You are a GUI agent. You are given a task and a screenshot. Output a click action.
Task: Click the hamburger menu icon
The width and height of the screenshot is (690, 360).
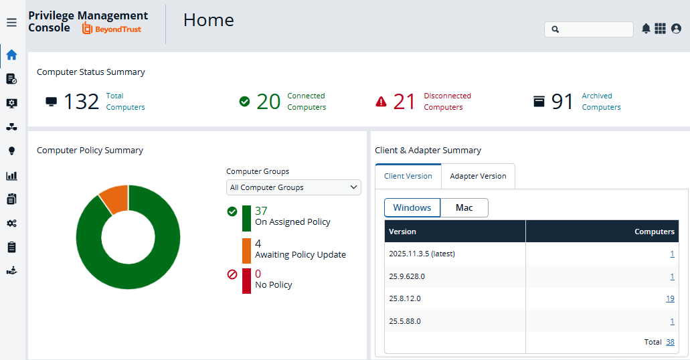(x=11, y=23)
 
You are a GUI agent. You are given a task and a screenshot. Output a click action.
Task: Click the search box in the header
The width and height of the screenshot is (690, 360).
(x=589, y=29)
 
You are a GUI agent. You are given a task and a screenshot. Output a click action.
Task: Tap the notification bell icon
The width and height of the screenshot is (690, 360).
(x=646, y=29)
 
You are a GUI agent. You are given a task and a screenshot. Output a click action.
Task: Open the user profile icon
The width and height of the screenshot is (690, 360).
(x=677, y=29)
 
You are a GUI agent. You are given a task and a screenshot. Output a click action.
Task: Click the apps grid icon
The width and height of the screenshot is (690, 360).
(x=660, y=29)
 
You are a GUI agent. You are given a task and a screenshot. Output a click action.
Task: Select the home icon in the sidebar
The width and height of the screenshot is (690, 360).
(x=12, y=55)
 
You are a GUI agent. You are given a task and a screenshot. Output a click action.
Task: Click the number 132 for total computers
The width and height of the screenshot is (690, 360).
(x=82, y=102)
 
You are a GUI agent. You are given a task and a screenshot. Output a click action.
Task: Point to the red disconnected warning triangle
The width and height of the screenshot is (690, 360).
(x=381, y=102)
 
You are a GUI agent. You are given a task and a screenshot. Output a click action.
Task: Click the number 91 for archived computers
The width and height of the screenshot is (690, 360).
(x=562, y=102)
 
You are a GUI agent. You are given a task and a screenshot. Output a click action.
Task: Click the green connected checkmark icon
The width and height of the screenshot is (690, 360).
(x=244, y=102)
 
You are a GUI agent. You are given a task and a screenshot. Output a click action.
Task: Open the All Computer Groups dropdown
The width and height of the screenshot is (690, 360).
(x=294, y=187)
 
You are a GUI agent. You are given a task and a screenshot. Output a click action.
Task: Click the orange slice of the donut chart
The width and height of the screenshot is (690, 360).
(x=114, y=199)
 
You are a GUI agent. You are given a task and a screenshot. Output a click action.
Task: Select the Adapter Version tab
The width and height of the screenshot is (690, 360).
(x=478, y=176)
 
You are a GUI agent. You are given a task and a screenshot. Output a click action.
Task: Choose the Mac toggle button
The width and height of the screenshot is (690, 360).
(x=464, y=207)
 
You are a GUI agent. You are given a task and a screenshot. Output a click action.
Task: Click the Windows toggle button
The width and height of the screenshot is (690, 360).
(x=412, y=207)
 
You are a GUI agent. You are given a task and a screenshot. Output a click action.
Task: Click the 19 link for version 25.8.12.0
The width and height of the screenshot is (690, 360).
(x=670, y=298)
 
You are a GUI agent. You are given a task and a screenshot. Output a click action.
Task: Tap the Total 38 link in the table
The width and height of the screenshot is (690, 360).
(x=670, y=342)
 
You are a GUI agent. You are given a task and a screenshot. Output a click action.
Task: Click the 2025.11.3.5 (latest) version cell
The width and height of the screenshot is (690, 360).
(x=422, y=254)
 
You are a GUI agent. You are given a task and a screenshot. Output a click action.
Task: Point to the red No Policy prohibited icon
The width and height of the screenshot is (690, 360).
(x=232, y=274)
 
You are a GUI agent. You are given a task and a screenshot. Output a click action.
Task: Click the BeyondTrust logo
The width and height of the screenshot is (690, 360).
(x=112, y=29)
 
